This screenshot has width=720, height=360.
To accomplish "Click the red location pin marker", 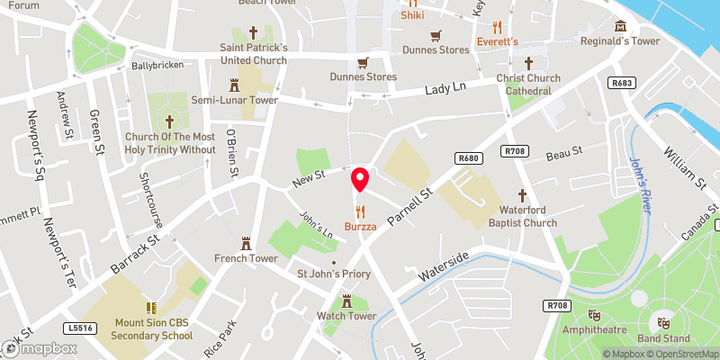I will (360, 179).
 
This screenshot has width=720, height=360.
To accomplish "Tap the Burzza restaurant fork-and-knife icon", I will (360, 211).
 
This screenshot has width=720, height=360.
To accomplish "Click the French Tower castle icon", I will (245, 244).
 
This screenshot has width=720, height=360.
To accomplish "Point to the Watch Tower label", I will (346, 316).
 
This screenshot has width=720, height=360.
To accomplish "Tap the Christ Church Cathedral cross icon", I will (528, 63).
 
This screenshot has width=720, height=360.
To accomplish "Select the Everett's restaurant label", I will (498, 42).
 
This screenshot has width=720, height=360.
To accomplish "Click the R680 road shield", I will (466, 157).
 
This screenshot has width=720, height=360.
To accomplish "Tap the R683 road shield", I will (620, 83).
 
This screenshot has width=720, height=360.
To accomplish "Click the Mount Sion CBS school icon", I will (151, 308).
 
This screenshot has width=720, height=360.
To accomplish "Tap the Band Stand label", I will (664, 338).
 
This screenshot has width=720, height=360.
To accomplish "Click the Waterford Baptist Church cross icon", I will (522, 195).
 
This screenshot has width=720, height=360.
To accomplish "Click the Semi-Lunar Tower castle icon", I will (234, 85).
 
